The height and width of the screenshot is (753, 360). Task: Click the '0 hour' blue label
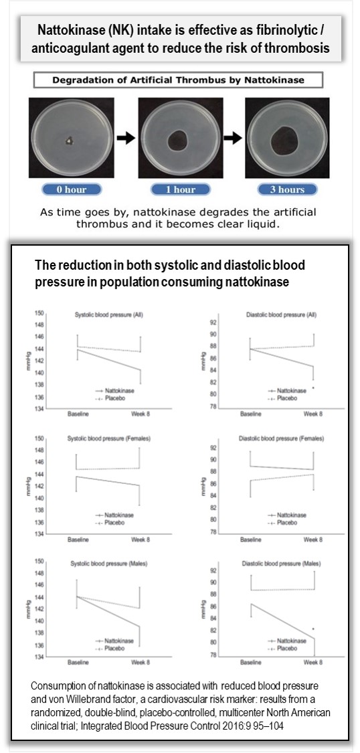[72, 189]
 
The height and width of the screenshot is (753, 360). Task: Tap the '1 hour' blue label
[181, 189]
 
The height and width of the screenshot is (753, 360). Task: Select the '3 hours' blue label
[287, 189]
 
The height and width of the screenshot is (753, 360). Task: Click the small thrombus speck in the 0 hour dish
[71, 140]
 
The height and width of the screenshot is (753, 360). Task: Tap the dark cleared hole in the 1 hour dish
[179, 141]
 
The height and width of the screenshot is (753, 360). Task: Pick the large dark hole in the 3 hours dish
[288, 139]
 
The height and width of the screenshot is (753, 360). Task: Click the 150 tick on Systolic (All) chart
[40, 313]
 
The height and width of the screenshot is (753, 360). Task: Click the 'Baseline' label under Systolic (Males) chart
[79, 663]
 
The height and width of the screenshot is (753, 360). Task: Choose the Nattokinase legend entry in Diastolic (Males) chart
[288, 641]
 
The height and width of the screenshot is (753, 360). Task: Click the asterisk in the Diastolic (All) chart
[313, 388]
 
